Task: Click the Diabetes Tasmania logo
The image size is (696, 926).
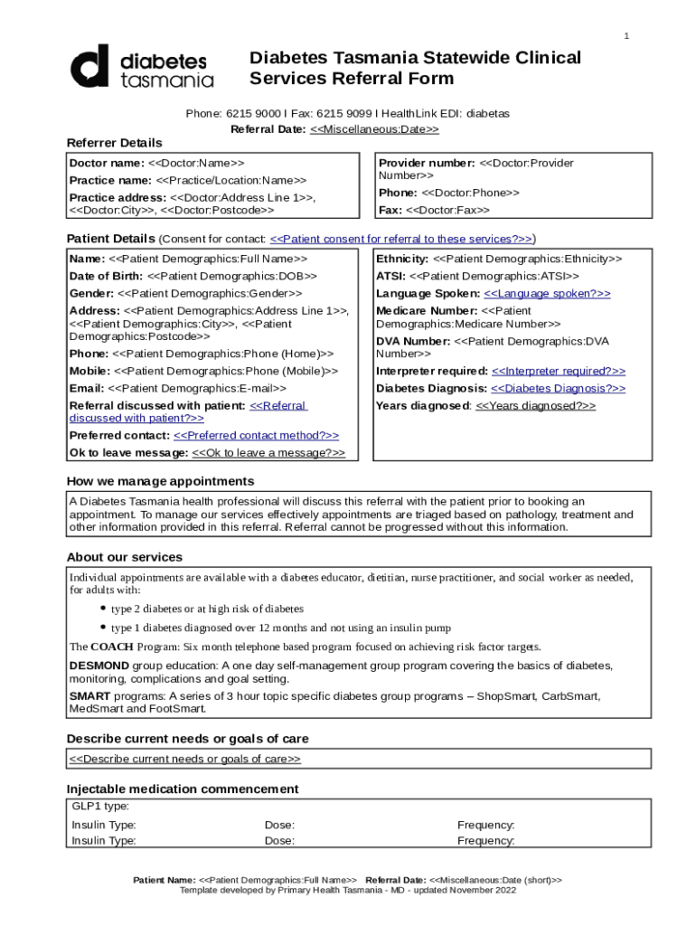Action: point(142,67)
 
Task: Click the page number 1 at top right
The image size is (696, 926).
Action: point(625,35)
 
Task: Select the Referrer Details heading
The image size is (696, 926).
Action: point(115,143)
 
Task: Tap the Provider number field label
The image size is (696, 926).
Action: point(426,163)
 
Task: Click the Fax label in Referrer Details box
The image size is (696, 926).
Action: point(390,210)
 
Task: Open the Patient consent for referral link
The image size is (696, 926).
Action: point(400,239)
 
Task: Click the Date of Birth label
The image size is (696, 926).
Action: point(106,276)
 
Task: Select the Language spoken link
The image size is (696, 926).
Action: point(547,294)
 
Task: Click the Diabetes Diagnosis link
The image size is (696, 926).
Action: point(558,388)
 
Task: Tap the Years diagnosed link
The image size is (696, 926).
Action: point(535,405)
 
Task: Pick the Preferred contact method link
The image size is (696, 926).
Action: point(256,435)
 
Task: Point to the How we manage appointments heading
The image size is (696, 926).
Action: point(160,481)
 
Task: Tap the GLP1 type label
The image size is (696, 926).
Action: point(99,806)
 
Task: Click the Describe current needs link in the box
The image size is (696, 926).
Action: point(185,759)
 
